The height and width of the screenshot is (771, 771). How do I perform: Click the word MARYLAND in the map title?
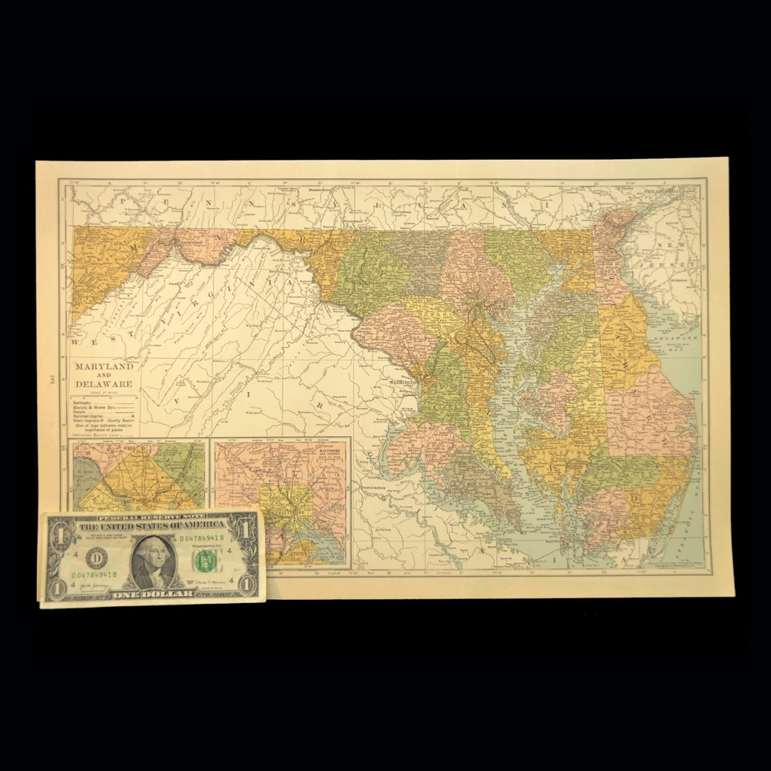click(x=104, y=366)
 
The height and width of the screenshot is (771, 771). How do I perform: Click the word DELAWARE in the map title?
click(x=104, y=385)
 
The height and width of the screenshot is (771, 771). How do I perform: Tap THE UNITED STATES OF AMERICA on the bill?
click(x=153, y=525)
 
